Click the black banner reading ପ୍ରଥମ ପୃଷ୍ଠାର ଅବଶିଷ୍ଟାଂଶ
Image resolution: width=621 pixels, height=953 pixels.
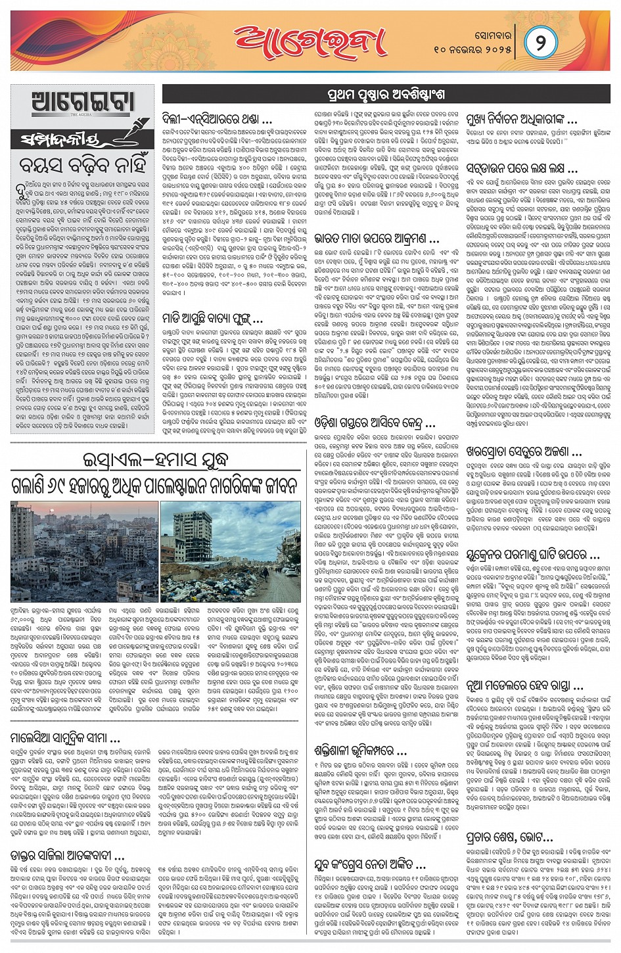pyautogui.click(x=386, y=94)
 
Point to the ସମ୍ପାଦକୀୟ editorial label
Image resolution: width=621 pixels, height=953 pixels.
pyautogui.click(x=66, y=140)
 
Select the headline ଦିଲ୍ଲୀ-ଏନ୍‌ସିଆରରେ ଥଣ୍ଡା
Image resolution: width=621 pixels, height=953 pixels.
pyautogui.click(x=217, y=120)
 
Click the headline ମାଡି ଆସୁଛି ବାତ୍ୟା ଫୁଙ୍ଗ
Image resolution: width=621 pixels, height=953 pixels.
pyautogui.click(x=213, y=319)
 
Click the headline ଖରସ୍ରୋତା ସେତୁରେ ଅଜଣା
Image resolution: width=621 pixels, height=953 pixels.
pyautogui.click(x=524, y=452)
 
